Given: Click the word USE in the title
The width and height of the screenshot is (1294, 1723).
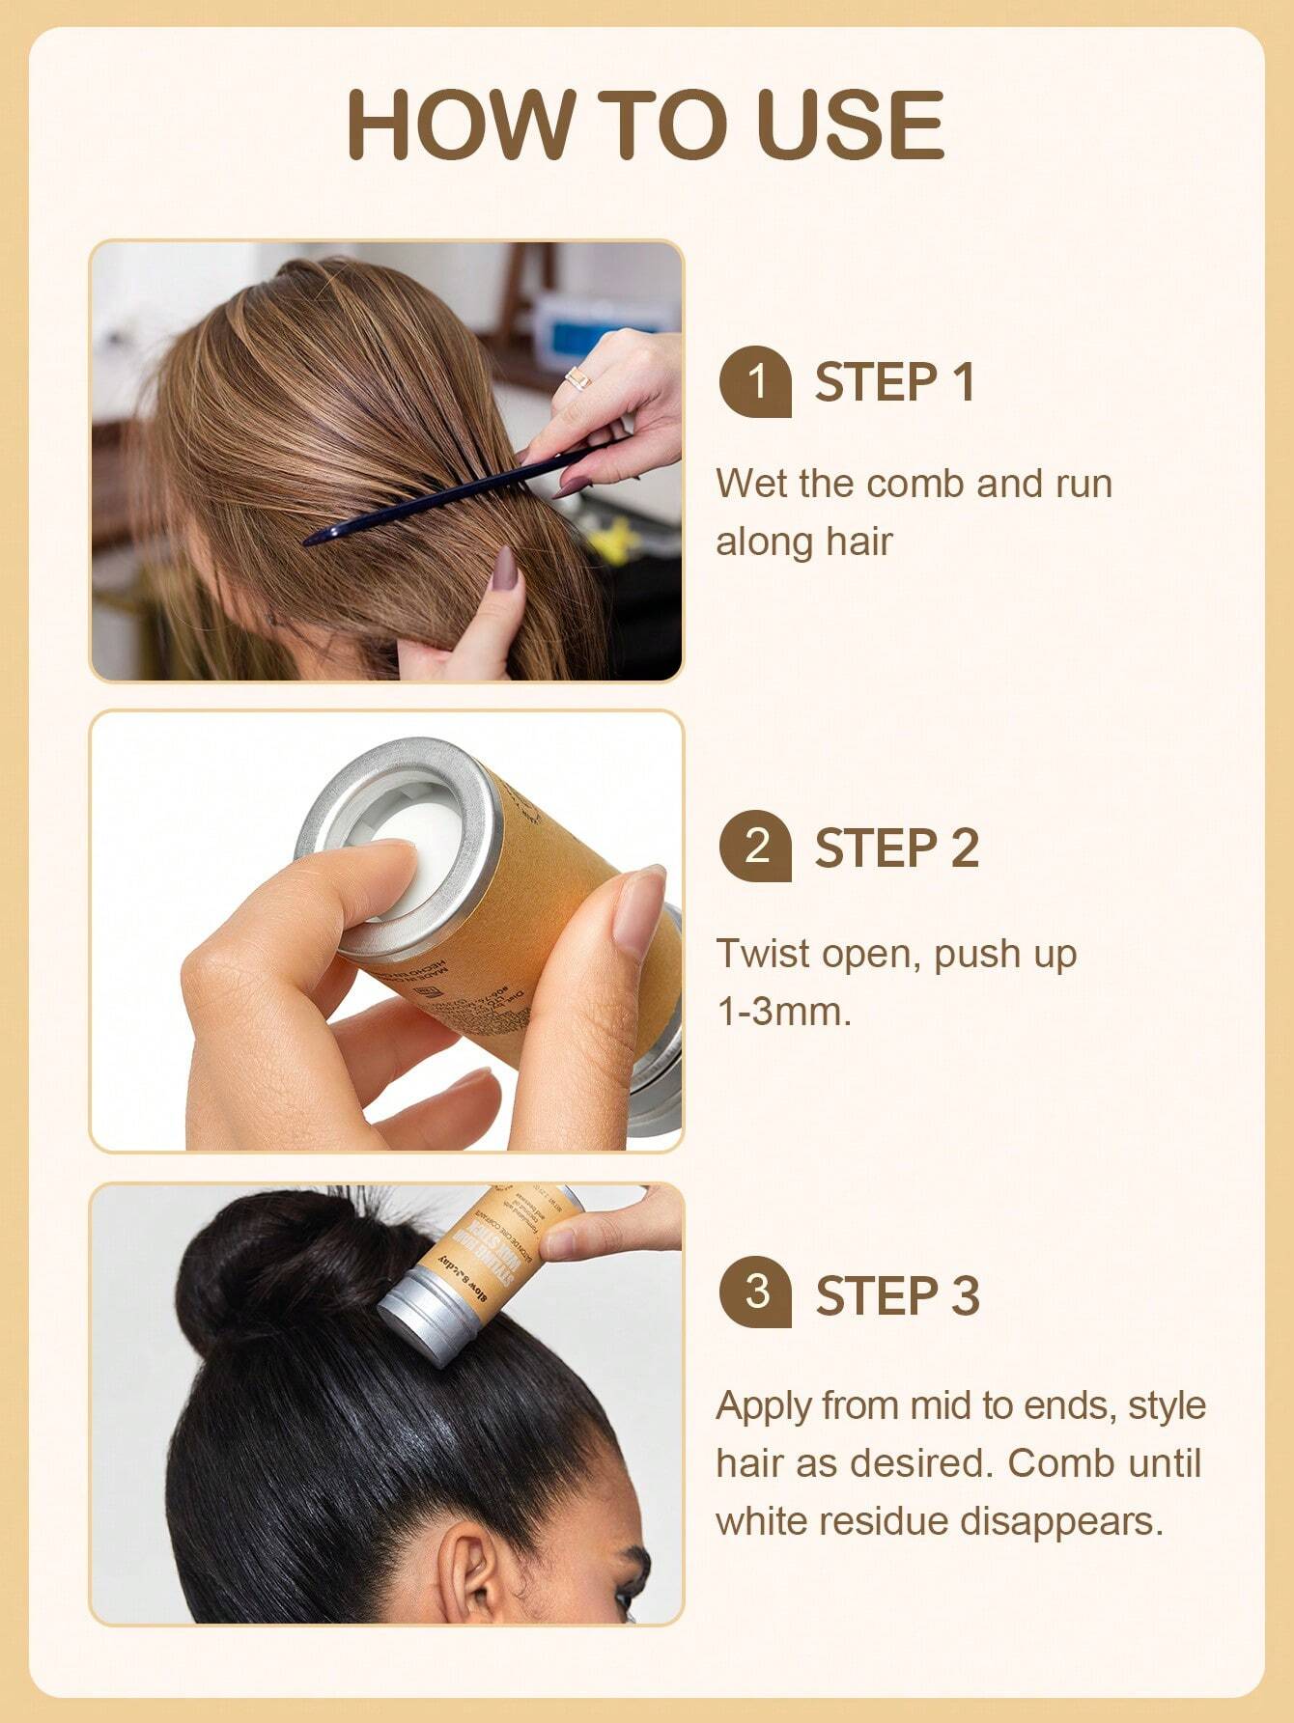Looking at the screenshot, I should pos(850,125).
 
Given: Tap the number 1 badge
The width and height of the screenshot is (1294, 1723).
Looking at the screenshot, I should pos(755,382).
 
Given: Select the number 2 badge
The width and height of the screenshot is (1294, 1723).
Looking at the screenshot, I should pos(755,847).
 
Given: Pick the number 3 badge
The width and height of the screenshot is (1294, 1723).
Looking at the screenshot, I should pos(755,1292).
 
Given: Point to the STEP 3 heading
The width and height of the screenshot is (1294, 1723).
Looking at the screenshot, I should pos(896,1294).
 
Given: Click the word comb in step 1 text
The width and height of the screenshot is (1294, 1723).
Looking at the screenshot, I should pos(915,483).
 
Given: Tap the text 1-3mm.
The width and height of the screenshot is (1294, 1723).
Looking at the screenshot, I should pos(783,1012).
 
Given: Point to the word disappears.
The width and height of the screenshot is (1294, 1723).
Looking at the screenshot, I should pos(1060,1522).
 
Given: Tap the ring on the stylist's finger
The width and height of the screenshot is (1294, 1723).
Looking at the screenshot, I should pos(577,378).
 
